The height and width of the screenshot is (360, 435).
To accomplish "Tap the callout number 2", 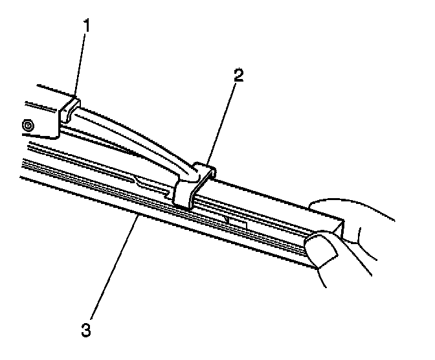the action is pyautogui.click(x=239, y=76).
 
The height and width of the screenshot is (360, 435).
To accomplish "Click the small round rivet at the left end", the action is pyautogui.click(x=27, y=124).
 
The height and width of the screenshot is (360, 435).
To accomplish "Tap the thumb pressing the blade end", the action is pyautogui.click(x=321, y=254).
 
